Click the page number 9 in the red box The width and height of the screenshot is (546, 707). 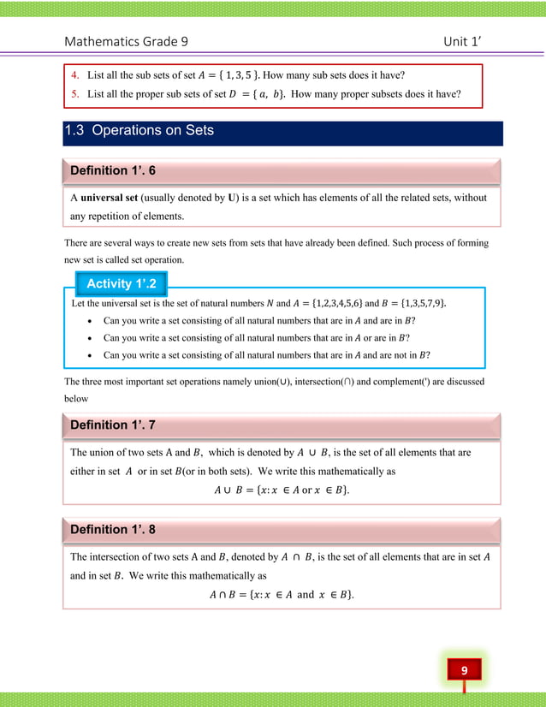pyautogui.click(x=463, y=669)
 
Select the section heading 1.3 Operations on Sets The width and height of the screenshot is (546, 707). pyautogui.click(x=139, y=131)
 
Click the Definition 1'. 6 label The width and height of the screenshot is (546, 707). pyautogui.click(x=112, y=171)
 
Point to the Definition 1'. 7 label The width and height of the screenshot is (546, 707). pyautogui.click(x=112, y=425)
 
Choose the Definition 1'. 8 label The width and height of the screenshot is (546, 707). pyautogui.click(x=112, y=528)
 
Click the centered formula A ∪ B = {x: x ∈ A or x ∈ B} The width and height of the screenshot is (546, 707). pyautogui.click(x=282, y=490)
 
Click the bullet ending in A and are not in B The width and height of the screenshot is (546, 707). pyautogui.click(x=266, y=354)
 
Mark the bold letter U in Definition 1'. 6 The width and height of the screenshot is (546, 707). pyautogui.click(x=232, y=198)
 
